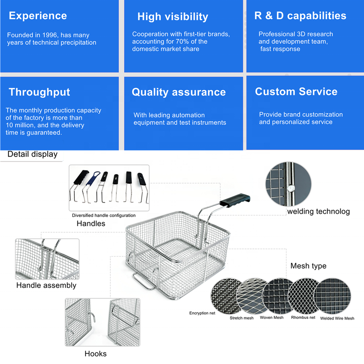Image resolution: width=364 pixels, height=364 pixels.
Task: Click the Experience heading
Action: [38, 16]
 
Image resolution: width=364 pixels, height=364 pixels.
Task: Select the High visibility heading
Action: [173, 17]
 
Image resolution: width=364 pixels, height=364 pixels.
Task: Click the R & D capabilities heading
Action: [300, 16]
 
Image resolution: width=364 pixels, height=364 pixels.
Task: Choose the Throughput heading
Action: [39, 92]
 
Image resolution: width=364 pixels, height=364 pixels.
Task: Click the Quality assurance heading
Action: [179, 92]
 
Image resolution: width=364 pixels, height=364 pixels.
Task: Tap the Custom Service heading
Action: [296, 91]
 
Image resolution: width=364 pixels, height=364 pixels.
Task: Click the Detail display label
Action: [33, 154]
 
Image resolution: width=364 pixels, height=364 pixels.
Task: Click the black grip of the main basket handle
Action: [235, 200]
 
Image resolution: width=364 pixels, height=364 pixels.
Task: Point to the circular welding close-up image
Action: [288, 184]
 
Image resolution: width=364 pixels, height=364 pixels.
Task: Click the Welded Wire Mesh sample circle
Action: [332, 296]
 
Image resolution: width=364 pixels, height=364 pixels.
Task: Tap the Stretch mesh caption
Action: [242, 318]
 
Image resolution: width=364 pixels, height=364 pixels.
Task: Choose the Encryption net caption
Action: [202, 313]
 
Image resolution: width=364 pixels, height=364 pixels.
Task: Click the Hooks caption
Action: [96, 354]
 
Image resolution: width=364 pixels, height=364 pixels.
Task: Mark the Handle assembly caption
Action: [46, 285]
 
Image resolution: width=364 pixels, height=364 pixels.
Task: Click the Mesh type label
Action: [308, 266]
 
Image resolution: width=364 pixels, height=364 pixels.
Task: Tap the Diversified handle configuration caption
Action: [104, 215]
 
